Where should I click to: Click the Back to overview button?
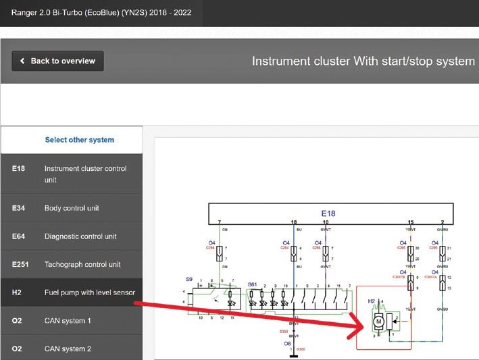click(x=57, y=61)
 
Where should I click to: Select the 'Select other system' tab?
click(x=79, y=140)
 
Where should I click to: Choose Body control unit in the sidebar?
click(x=72, y=208)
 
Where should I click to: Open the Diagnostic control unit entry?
click(x=80, y=236)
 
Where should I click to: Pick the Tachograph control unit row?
click(x=82, y=264)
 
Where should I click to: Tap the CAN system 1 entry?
click(x=68, y=320)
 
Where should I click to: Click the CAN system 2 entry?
click(x=68, y=349)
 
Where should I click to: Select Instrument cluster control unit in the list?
click(x=85, y=174)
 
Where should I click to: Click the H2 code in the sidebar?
click(x=17, y=292)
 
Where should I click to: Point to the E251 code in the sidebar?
click(x=20, y=264)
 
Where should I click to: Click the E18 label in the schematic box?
click(x=328, y=213)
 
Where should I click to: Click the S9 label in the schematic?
click(x=189, y=279)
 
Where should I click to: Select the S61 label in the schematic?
click(x=253, y=285)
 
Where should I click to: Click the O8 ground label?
click(x=287, y=343)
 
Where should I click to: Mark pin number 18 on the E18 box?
click(x=293, y=222)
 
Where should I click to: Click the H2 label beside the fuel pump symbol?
click(x=371, y=301)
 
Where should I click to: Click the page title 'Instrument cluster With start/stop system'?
click(x=363, y=61)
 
